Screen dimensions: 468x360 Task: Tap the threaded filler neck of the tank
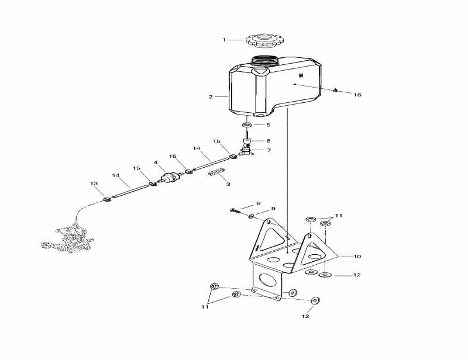click(x=264, y=61)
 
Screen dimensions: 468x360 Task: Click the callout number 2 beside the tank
click(x=211, y=97)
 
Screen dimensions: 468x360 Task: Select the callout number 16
click(x=357, y=95)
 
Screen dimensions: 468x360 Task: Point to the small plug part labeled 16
click(x=335, y=90)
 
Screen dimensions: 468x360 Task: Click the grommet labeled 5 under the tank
click(x=247, y=124)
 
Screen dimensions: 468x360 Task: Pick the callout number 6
click(x=269, y=140)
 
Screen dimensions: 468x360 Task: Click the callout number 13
click(x=94, y=183)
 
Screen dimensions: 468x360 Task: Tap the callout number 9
click(x=273, y=209)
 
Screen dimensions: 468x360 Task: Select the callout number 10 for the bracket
click(x=357, y=256)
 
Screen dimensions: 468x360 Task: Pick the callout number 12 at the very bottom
click(x=305, y=316)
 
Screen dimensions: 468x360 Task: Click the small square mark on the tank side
click(x=301, y=76)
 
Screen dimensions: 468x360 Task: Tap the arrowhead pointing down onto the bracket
click(x=287, y=252)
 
